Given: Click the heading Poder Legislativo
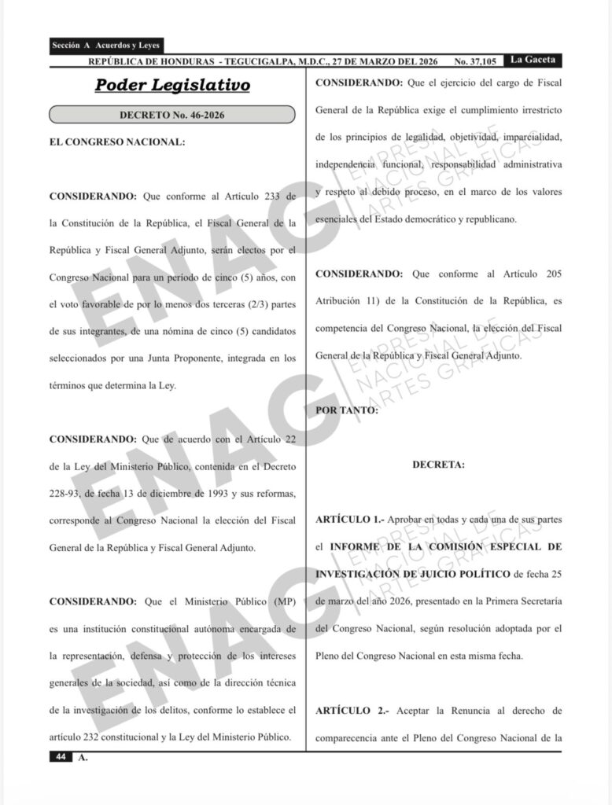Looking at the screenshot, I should click(x=172, y=85).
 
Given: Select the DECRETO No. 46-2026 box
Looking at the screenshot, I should click(x=172, y=115).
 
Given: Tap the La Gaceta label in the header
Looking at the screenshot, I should click(x=533, y=60).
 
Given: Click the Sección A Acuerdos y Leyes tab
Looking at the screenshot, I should click(x=105, y=46).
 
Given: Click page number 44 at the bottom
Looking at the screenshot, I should click(x=60, y=756).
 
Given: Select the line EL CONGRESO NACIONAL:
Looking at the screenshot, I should click(x=117, y=142).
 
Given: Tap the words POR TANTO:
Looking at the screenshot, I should click(x=346, y=410).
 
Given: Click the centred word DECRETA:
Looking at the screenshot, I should click(x=438, y=465).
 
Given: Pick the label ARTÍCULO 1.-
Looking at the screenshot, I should click(x=352, y=520).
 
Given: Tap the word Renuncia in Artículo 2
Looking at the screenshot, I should click(x=446, y=711).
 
